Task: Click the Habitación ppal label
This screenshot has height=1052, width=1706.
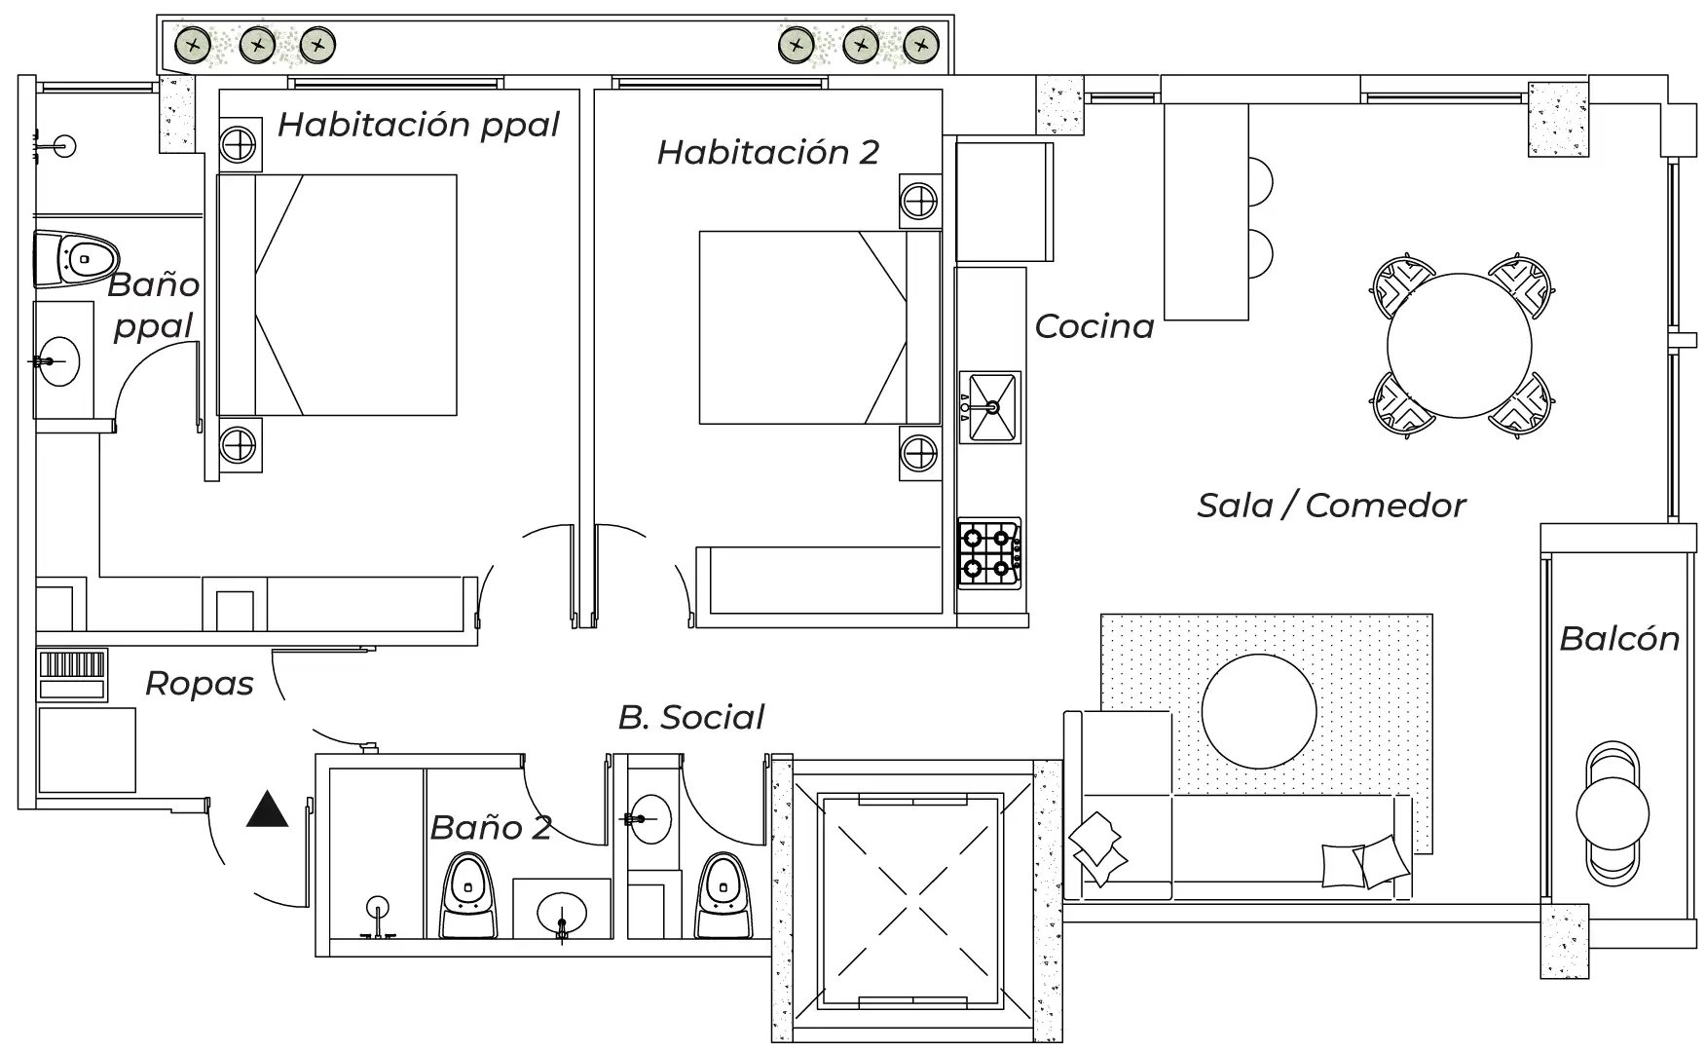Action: point(419,125)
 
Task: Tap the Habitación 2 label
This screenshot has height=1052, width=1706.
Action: point(767,152)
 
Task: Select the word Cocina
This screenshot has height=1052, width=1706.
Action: point(1094,326)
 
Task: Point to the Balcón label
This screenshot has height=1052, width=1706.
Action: point(1619,639)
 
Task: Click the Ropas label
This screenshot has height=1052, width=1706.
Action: point(199,684)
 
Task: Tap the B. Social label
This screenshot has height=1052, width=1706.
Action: point(690,718)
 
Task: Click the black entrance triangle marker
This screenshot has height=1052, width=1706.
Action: point(267,810)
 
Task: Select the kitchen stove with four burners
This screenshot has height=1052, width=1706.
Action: point(989,552)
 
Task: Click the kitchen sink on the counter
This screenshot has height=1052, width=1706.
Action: point(990,405)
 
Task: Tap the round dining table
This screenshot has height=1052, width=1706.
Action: point(1459,345)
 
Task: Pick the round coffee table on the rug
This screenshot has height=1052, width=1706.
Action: point(1259,711)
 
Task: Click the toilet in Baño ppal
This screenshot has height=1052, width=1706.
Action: point(78,259)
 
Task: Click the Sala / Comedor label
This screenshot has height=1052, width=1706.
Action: point(1330,506)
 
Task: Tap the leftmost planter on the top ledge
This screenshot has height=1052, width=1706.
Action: point(194,45)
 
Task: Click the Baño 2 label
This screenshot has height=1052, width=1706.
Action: point(491,828)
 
